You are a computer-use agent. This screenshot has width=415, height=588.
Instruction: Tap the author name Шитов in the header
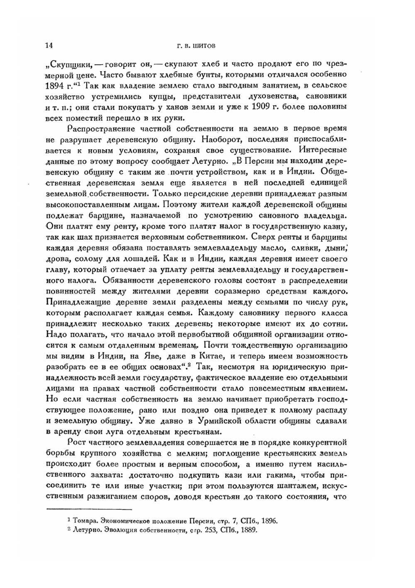pos(204,46)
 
